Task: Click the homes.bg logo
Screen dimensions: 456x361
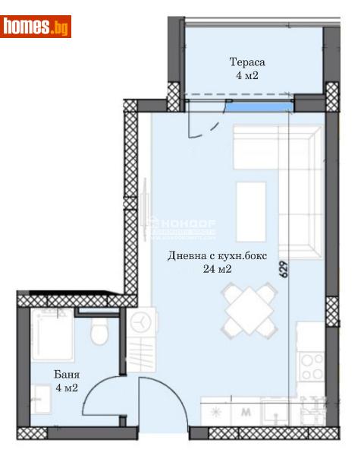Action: tap(36, 27)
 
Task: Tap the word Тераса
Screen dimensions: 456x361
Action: tap(248, 62)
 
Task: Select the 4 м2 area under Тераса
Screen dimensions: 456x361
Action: tap(248, 76)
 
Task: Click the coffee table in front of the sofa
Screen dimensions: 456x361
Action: tap(251, 206)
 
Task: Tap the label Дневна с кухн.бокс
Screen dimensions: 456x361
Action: tap(218, 255)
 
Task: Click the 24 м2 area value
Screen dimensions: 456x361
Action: tap(218, 269)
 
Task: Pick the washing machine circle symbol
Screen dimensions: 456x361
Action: tap(141, 322)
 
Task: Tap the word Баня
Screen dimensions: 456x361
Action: tap(67, 375)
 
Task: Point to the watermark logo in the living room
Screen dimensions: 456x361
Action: tap(182, 225)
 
